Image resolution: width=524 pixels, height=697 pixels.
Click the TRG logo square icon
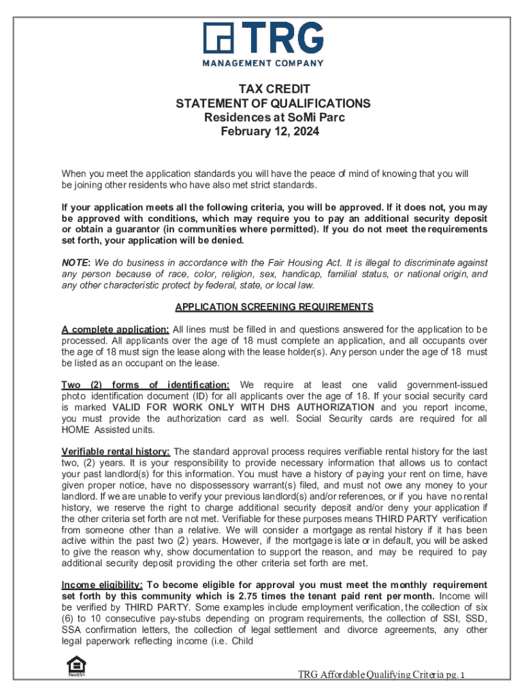click(x=218, y=37)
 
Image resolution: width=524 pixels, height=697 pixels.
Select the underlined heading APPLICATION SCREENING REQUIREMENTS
click(x=274, y=307)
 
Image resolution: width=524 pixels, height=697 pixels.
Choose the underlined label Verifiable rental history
click(x=116, y=451)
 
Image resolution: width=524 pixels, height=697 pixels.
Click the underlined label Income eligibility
click(x=102, y=585)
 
